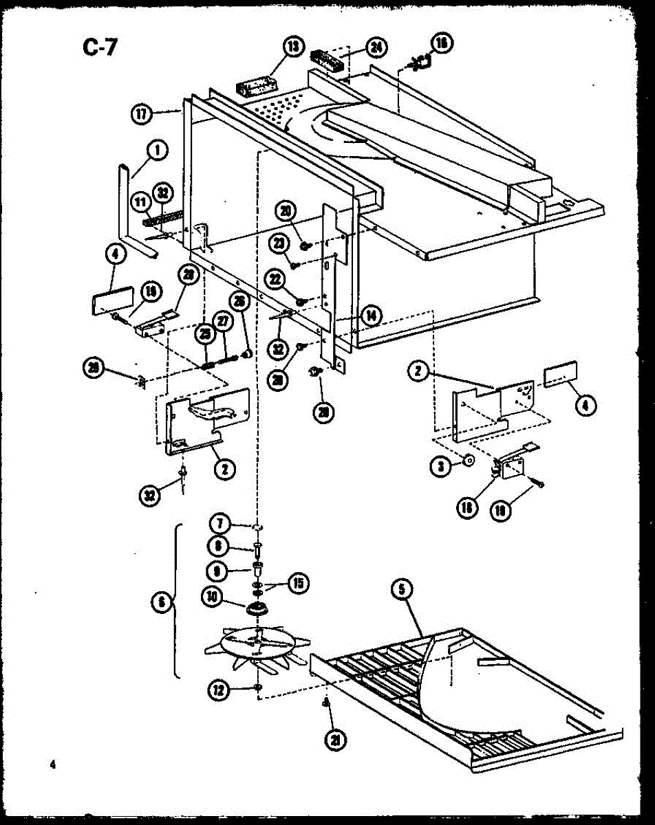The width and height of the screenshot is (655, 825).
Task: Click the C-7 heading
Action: click(x=100, y=49)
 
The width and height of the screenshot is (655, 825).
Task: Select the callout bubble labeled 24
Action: click(x=376, y=47)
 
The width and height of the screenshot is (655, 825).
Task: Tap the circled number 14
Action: click(x=372, y=316)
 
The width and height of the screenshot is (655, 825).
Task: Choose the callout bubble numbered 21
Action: click(x=336, y=739)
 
